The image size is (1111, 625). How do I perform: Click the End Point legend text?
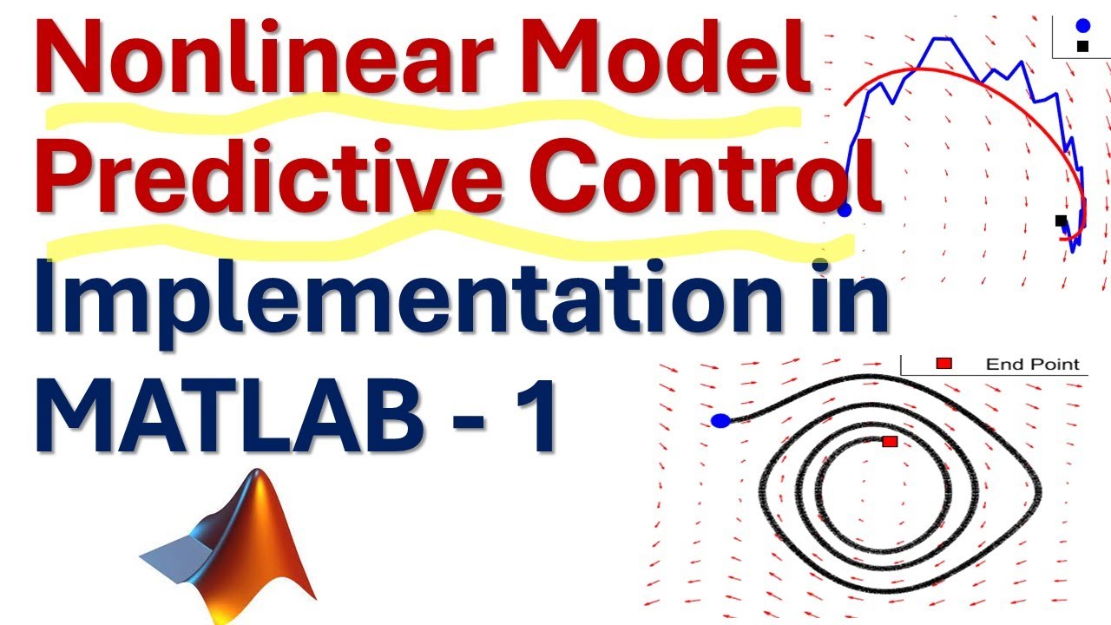click(1032, 365)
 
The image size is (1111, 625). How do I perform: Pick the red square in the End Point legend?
click(944, 364)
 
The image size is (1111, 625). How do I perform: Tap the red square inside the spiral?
click(889, 442)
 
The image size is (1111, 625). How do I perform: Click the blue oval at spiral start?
click(720, 421)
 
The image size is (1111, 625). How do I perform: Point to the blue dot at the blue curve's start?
click(845, 210)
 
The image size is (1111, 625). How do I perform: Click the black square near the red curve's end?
click(1061, 221)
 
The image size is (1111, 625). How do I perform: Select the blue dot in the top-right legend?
click(1082, 26)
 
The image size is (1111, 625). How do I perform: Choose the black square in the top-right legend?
click(1082, 46)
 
